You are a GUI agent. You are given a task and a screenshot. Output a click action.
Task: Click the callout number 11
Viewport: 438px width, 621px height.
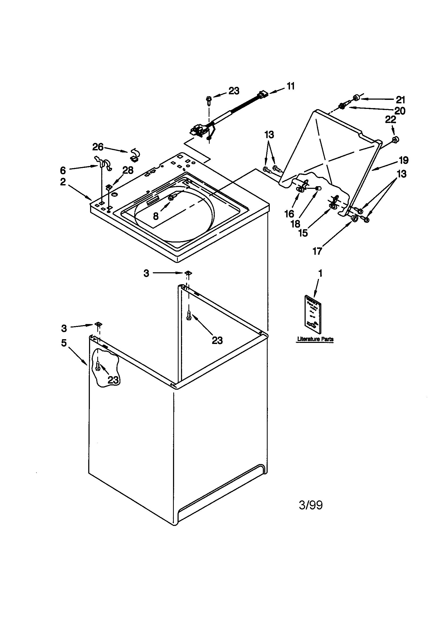click(290, 86)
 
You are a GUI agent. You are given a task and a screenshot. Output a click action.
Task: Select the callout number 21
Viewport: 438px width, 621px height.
click(400, 100)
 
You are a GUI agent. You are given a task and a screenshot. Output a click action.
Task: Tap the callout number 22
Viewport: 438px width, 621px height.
click(390, 119)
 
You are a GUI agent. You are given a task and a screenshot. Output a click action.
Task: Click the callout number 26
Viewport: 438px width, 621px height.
click(98, 147)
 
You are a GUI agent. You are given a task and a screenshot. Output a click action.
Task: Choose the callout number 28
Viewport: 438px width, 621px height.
click(128, 170)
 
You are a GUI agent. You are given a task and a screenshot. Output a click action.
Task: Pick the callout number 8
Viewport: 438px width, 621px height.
click(156, 216)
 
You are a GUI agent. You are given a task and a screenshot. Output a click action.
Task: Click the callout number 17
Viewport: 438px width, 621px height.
click(317, 251)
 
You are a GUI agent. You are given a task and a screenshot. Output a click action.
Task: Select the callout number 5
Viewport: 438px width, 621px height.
click(64, 343)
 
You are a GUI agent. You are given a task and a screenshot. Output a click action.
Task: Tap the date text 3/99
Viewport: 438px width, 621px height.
click(311, 505)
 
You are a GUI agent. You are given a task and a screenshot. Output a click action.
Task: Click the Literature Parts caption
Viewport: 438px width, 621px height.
click(315, 339)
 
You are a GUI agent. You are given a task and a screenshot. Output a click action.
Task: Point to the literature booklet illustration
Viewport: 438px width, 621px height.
click(313, 314)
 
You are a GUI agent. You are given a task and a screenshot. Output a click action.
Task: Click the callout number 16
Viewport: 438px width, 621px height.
click(289, 214)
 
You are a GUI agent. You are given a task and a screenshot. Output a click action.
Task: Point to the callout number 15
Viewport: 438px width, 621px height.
click(303, 233)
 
